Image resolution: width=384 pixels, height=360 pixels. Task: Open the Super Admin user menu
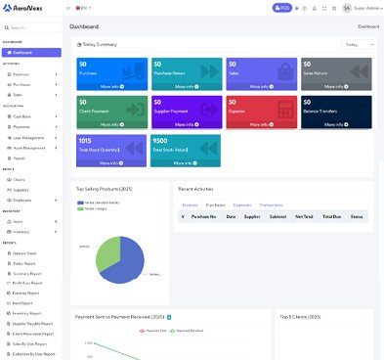361,8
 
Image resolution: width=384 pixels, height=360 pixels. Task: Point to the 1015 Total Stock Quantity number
85,140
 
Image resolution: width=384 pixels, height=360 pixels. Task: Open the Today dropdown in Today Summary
358,44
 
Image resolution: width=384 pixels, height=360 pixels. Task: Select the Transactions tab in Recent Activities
271,204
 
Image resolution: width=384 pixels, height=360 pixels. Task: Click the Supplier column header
253,216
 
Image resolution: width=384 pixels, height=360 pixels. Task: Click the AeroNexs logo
27,9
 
